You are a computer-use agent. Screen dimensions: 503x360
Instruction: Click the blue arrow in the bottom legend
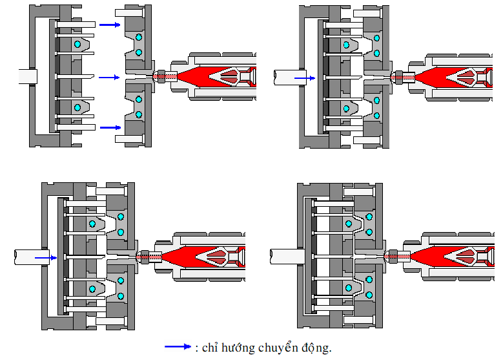coord(178,346)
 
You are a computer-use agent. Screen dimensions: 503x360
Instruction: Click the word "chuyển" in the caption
coord(278,348)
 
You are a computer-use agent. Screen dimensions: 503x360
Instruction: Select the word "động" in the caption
coord(316,348)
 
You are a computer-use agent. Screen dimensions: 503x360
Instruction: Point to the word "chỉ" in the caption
coord(210,348)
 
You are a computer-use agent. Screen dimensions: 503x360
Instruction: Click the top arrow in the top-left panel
coord(110,25)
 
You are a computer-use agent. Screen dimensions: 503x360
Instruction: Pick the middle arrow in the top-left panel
coord(109,78)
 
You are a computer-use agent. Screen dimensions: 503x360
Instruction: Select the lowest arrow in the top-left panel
coord(110,127)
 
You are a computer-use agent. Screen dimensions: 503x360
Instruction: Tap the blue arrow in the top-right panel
coord(305,78)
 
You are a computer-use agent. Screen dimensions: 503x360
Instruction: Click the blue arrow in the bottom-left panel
coord(46,257)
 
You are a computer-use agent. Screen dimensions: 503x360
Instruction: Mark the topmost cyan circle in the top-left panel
coord(139,37)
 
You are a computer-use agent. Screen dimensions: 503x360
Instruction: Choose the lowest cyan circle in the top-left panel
coord(139,114)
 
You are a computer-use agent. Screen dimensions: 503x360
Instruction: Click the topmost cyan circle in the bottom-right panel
coord(369,217)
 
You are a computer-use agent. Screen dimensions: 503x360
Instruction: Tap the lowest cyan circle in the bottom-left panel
coord(121,296)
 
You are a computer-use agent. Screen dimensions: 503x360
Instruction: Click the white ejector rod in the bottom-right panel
coord(287,257)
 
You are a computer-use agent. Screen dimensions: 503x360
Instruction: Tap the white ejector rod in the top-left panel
coord(28,77)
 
